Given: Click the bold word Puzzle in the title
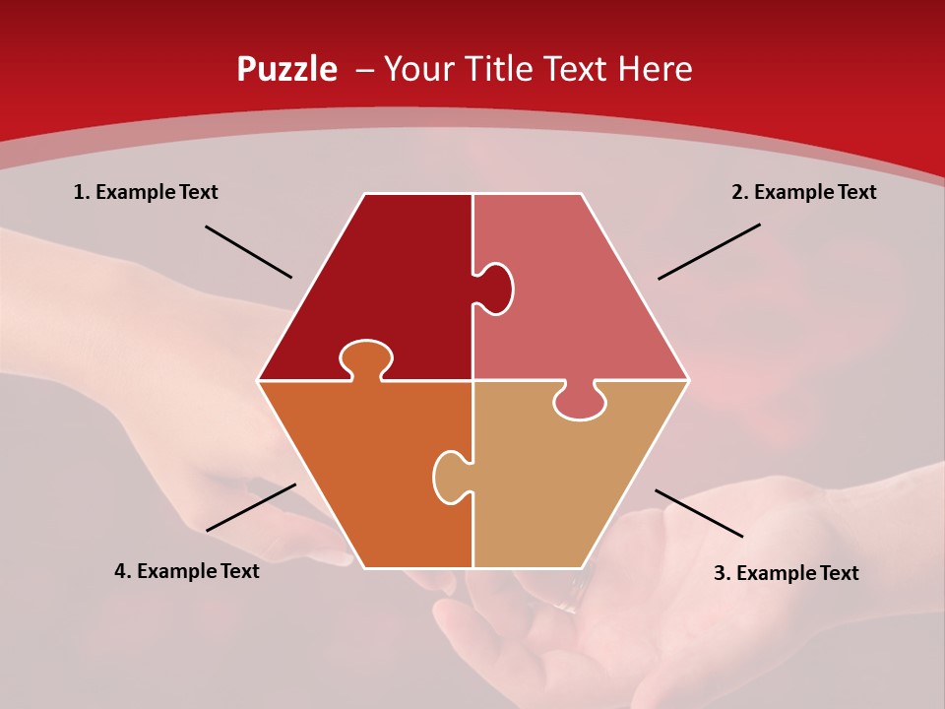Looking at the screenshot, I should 286,70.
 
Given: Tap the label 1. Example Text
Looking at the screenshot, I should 146,192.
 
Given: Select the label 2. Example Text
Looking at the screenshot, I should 803,192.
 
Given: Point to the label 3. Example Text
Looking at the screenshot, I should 786,573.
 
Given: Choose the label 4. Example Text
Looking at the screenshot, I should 186,571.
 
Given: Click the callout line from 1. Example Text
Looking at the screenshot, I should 248,252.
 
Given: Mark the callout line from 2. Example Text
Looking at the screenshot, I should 709,251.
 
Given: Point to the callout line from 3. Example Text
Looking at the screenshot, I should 699,513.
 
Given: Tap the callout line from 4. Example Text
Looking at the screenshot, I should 251,507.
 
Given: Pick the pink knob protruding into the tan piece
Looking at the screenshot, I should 579,402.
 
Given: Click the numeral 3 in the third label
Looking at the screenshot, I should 720,573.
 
